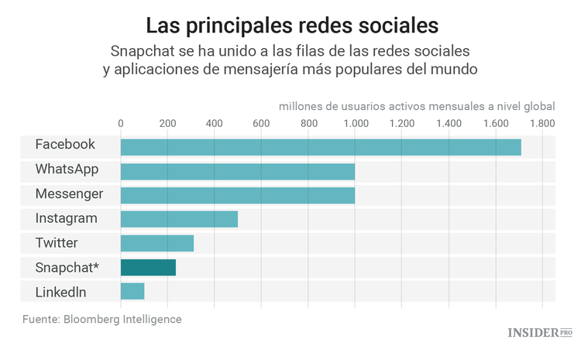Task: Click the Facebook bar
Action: [321, 146]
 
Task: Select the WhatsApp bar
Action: [237, 170]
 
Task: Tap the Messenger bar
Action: [237, 195]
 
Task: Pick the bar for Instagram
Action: [179, 219]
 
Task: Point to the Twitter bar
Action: [156, 243]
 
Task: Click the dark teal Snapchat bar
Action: [148, 268]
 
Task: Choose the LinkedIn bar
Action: [132, 292]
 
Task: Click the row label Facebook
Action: [65, 145]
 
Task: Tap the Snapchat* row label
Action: [67, 267]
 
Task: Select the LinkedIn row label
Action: [60, 292]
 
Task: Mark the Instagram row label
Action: [66, 218]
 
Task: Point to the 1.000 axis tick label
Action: [355, 123]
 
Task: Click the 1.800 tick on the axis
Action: [542, 123]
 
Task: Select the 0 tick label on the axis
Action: [121, 123]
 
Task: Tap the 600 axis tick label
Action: [261, 123]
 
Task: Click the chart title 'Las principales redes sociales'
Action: [292, 25]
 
